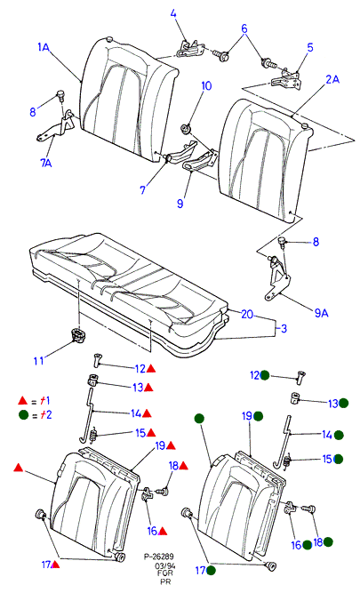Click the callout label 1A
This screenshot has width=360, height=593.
(44, 47)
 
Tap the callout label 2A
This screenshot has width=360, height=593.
(332, 79)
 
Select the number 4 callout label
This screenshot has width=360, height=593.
(173, 13)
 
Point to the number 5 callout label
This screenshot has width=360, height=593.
(310, 47)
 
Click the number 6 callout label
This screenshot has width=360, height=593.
(244, 28)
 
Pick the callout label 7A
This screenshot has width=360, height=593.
(45, 163)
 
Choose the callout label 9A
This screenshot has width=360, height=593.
(321, 313)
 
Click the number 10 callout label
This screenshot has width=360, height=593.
(206, 85)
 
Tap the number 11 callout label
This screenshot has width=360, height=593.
(38, 361)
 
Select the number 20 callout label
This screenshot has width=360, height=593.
(247, 314)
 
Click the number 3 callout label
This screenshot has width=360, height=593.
(284, 328)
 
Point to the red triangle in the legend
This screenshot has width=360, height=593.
(23, 400)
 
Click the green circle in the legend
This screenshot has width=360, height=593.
(23, 415)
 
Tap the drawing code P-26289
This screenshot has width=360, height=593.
(159, 557)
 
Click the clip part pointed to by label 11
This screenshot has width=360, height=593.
(78, 335)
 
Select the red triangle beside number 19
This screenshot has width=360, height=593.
(171, 445)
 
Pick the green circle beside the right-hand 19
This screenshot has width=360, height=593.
(259, 416)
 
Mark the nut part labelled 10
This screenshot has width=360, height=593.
(186, 129)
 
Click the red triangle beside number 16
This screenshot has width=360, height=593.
(163, 532)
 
